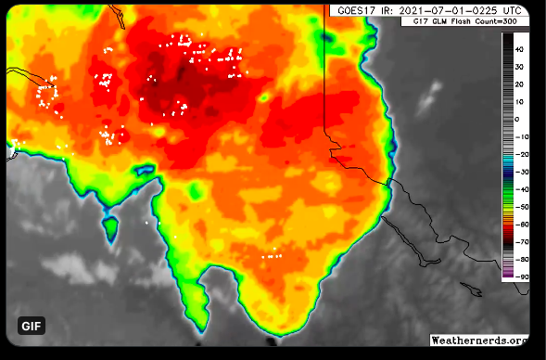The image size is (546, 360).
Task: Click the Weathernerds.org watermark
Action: (479, 341)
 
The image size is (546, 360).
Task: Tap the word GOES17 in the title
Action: (355, 9)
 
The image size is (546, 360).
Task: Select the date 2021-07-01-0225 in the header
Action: (449, 9)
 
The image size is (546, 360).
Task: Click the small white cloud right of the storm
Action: (431, 93)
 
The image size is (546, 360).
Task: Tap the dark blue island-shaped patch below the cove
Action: (110, 225)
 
